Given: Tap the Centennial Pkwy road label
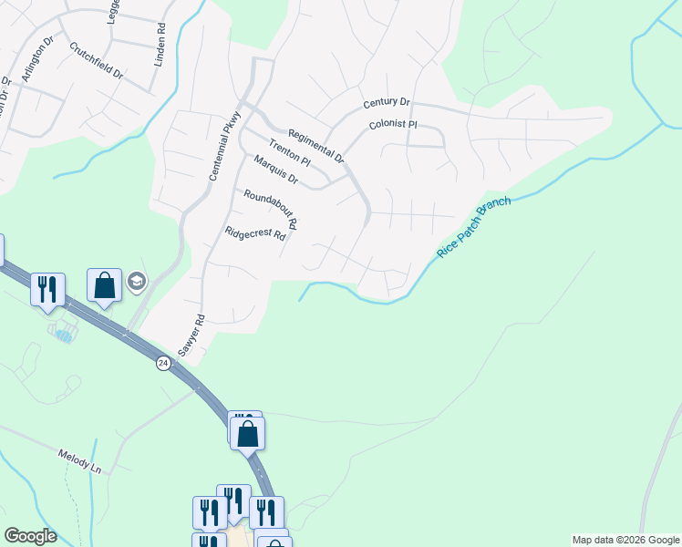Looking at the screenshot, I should pos(224,144).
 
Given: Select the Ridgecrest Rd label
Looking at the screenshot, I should pos(255,233).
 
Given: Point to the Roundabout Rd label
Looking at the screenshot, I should pos(271,209).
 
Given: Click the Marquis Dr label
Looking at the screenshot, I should pos(276,170).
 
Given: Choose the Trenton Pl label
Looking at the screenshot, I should pos(290,152).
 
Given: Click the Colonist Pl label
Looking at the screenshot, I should pos(393,124).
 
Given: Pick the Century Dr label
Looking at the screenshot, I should pos(387,103).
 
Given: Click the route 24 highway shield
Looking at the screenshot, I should pos(162,362).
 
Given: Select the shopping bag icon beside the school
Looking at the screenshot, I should pos(105,284).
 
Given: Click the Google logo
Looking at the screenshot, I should pos(30,536).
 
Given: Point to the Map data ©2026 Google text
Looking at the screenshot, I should pos(625,540).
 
